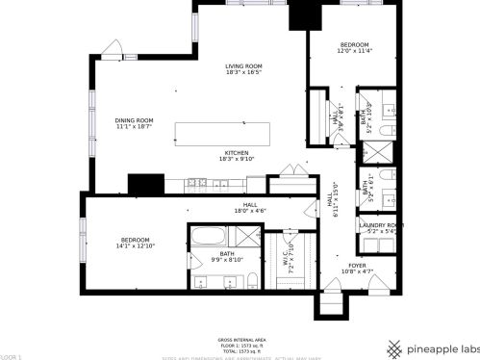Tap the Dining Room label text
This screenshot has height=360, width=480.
[135, 123]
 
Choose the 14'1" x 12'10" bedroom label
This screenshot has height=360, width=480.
[135, 243]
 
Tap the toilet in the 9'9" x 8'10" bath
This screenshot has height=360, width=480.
[250, 279]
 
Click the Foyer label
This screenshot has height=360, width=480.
[357, 269]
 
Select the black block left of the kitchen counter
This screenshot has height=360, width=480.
[146, 184]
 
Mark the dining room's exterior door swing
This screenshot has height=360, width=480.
[114, 48]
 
